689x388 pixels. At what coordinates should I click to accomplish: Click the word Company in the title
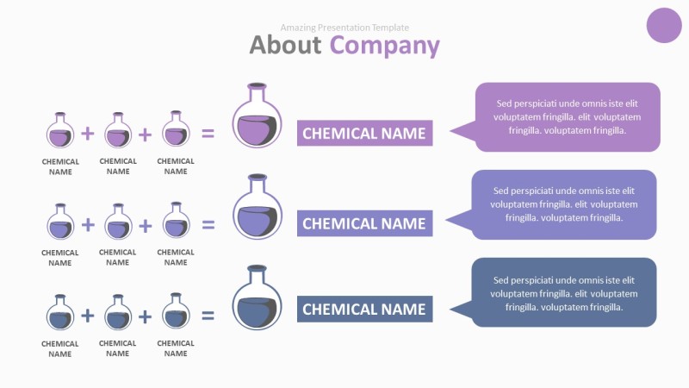coord(384,45)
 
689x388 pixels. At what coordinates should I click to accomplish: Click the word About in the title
coord(285,45)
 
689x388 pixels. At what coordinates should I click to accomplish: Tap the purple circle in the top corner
coord(663,24)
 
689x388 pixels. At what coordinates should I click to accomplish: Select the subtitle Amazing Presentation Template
coord(344,28)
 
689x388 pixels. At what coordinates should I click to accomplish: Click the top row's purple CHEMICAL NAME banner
coord(364,134)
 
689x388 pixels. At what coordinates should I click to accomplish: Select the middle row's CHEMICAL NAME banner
coord(364,223)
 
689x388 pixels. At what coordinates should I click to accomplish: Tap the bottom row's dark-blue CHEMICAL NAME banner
coord(364,309)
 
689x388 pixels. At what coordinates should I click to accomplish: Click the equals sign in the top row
coord(208,134)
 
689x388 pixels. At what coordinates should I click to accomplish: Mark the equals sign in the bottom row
coord(208,316)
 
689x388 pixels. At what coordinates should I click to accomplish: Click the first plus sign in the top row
coord(88,134)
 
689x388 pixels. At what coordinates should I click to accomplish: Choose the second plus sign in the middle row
coord(146,225)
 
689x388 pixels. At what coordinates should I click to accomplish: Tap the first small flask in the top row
coord(59,132)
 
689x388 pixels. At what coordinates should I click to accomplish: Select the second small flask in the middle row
coord(118,223)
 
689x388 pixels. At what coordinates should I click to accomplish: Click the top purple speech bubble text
coord(567,117)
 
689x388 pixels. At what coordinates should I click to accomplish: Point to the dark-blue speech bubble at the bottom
coord(563,293)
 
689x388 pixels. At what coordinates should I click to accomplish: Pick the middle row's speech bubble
coord(563,204)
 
